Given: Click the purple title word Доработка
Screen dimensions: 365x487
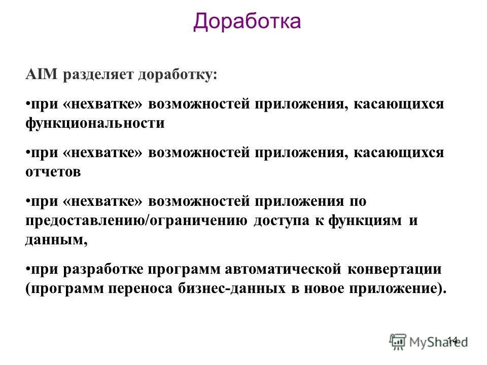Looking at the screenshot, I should pyautogui.click(x=247, y=22).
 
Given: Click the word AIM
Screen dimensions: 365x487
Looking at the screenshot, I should pyautogui.click(x=42, y=75).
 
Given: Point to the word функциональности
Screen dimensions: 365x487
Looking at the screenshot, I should pyautogui.click(x=95, y=124).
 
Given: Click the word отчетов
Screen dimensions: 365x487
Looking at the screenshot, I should pyautogui.click(x=53, y=172).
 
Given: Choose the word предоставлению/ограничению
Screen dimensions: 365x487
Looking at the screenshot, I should pyautogui.click(x=136, y=221).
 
